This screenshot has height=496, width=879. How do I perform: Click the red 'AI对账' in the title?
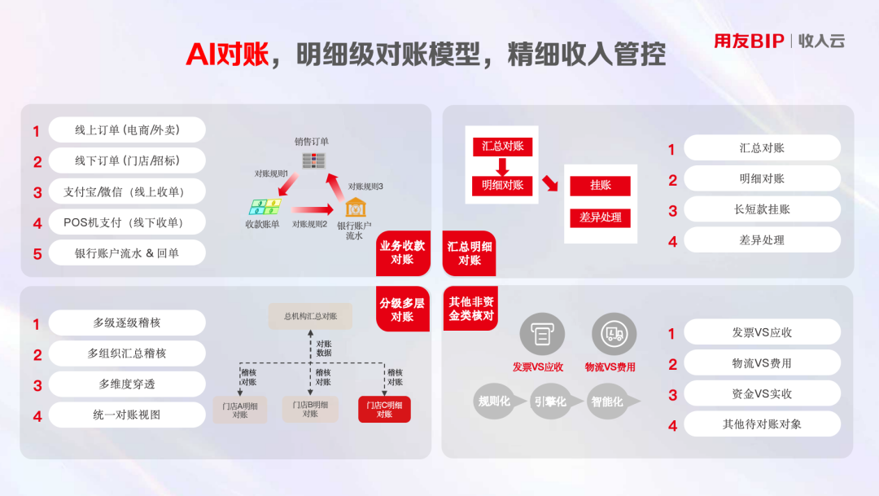coord(227,55)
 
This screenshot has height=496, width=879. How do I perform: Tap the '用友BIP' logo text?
coord(749,41)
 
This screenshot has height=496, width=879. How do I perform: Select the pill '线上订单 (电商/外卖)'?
coord(127,130)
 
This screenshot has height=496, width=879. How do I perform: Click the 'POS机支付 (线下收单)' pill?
coord(127,222)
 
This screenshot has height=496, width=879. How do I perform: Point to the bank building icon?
coord(356,208)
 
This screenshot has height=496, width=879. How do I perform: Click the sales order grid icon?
coord(313,160)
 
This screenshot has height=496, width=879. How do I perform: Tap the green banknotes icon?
coord(265,207)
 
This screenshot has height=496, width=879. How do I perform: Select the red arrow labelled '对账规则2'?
coord(312,210)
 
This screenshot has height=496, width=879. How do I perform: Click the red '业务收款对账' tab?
coord(403,253)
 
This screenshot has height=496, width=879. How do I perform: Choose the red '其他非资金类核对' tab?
coord(470,309)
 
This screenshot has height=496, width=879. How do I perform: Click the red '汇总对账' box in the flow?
coord(502,147)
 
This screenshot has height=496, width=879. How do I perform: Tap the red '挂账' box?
coord(600,186)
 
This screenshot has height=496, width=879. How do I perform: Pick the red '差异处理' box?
coord(600,217)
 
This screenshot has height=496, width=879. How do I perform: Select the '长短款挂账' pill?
coord(762,210)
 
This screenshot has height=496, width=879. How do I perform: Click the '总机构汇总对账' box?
coord(310,317)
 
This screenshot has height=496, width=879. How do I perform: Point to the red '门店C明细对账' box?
coord(384,410)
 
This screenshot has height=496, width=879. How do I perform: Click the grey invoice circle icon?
coord(541,335)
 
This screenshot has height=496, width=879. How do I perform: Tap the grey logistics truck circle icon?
coord(614,335)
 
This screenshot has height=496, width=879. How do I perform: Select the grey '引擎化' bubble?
coord(552,402)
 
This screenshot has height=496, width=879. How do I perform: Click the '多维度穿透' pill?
coord(127,384)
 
